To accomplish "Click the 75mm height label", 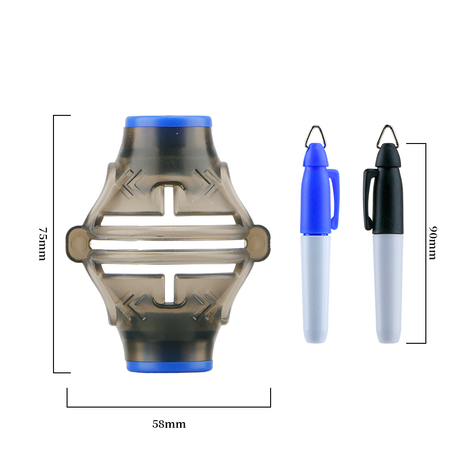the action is (43, 244).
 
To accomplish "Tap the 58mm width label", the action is (169, 424).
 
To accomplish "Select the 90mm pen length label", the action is (432, 242).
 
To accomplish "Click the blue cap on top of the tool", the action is (168, 121).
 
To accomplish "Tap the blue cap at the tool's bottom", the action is (169, 366).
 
